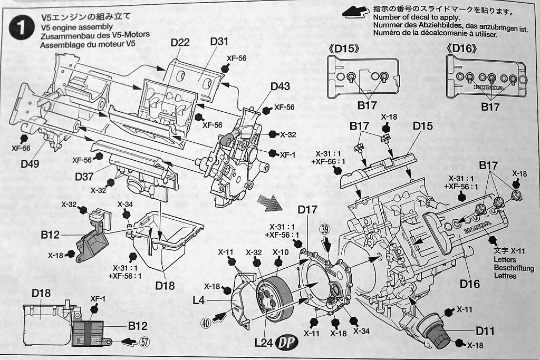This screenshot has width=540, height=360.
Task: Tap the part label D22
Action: (180, 42)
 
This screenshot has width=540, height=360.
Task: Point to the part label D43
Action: (280, 86)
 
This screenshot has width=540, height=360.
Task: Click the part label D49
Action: (31, 164)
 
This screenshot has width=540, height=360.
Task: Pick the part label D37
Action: (84, 176)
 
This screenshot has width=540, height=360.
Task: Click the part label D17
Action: (307, 209)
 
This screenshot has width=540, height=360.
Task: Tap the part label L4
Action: (198, 300)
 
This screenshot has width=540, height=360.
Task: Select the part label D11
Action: (485, 332)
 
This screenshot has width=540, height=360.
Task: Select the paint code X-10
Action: (280, 252)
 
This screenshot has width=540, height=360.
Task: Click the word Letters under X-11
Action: (505, 260)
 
